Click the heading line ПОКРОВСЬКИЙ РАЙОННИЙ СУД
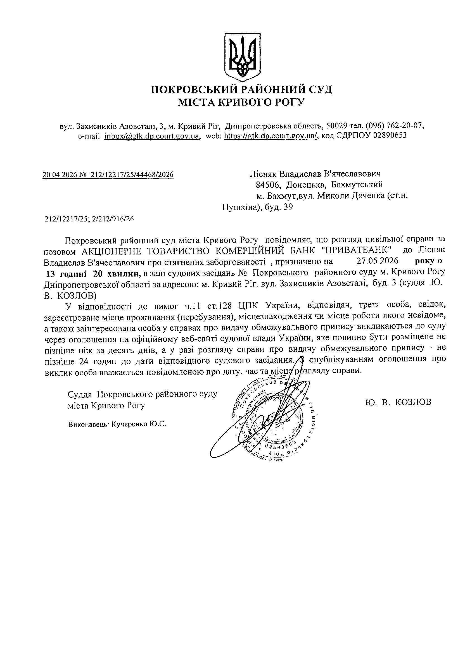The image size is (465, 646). point(242,89)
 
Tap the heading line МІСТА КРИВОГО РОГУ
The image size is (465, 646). point(241,102)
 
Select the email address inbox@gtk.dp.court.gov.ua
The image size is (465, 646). point(151,135)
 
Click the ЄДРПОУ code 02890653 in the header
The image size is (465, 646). point(390,135)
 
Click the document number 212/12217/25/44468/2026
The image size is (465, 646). point(132,175)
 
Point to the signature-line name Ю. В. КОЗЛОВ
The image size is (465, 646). point(398,402)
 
